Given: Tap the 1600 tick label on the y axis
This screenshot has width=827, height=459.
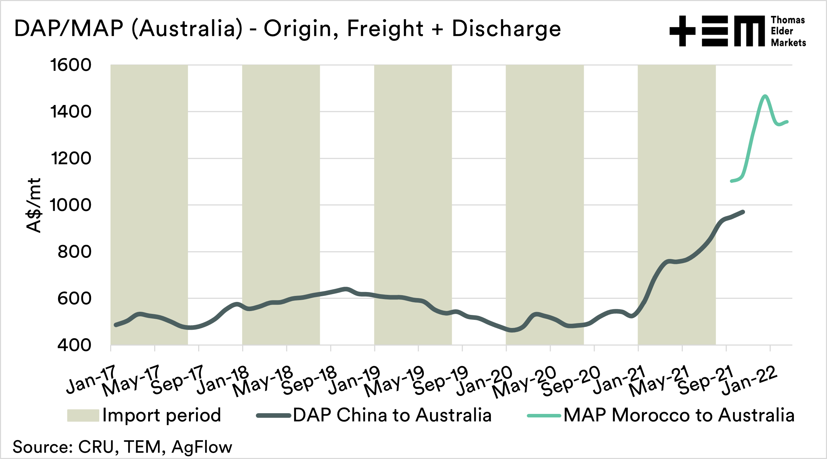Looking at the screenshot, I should coord(71,65).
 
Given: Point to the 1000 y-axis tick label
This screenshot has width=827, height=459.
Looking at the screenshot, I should coord(71,205).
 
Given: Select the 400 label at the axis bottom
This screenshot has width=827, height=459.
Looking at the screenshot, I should coord(74,345).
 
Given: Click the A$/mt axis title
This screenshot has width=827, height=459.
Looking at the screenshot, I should coord(34,205).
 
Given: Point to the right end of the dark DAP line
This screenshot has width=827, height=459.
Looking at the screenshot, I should coord(743,212).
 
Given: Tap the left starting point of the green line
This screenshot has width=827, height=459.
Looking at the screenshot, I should coord(732,181).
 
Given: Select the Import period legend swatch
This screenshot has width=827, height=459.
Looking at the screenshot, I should coord(83,415).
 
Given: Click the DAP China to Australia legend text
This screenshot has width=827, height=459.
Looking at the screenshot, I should coord(392,415).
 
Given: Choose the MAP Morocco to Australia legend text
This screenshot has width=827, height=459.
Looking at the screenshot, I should coord(679,415).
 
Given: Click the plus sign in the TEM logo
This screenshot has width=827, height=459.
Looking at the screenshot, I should coord(682,31).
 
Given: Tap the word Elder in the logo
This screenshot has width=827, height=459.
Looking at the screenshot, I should coord(782,31).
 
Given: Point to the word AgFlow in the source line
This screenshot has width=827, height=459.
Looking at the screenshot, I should coord(202,447).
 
